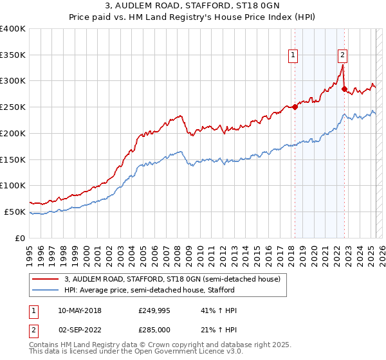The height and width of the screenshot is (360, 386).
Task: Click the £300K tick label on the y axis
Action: click(x=13, y=81)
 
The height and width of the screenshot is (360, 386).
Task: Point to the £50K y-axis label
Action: click(x=15, y=212)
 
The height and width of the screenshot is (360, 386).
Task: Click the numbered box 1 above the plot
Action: click(x=293, y=56)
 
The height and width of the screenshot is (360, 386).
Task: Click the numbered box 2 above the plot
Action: click(x=342, y=56)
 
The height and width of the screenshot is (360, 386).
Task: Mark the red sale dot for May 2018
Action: click(x=295, y=107)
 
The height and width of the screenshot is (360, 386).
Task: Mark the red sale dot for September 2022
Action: click(x=345, y=89)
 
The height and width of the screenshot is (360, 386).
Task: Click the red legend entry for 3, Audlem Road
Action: click(x=172, y=280)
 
